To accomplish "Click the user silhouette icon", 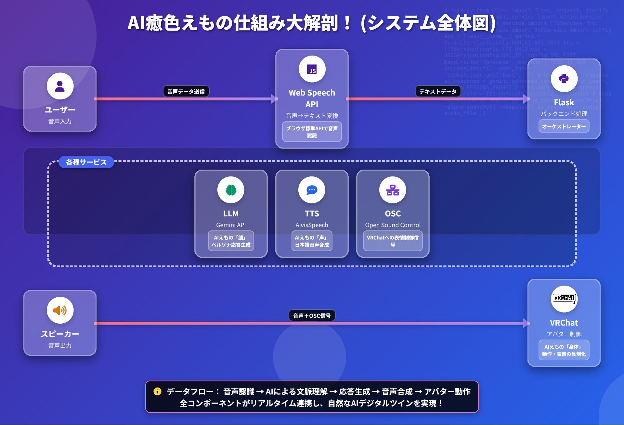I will click(x=60, y=86).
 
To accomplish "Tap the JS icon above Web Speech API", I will click(x=312, y=69).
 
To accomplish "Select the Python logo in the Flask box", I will click(x=564, y=79).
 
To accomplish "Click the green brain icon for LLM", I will click(x=231, y=190).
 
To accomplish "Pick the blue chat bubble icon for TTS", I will click(x=312, y=190).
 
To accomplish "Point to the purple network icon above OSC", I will click(x=393, y=190).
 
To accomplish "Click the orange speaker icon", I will click(x=60, y=310).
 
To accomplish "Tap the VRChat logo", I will click(x=564, y=298).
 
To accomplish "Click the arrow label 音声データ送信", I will click(x=186, y=92).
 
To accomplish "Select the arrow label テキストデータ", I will click(x=438, y=92).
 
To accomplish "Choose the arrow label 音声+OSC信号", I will click(x=312, y=316).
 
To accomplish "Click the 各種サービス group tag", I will click(x=86, y=162).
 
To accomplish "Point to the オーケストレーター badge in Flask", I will click(x=564, y=126).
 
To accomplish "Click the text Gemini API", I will click(x=231, y=225).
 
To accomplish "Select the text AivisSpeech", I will click(x=312, y=225).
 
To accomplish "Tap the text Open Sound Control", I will click(x=393, y=225).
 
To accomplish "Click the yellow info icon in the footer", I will click(x=157, y=391).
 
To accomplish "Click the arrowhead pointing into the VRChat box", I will click(x=526, y=323).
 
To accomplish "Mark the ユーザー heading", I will click(x=60, y=110).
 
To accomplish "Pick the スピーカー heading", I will click(x=60, y=334).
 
